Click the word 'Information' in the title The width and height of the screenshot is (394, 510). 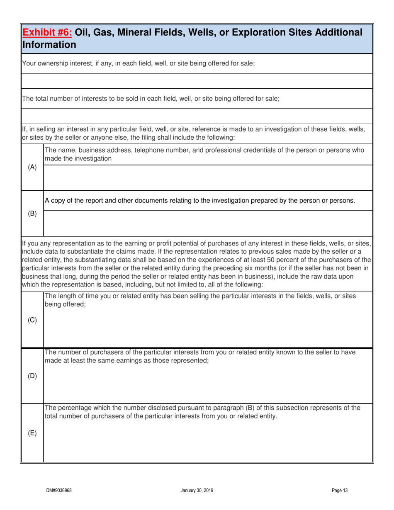pos(49,44)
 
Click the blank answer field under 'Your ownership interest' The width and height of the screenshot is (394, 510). pos(197,81)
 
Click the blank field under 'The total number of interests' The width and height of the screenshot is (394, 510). pos(197,116)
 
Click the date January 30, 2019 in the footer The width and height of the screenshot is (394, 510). pos(197,491)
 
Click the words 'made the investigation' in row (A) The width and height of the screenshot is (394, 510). pos(78,158)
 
